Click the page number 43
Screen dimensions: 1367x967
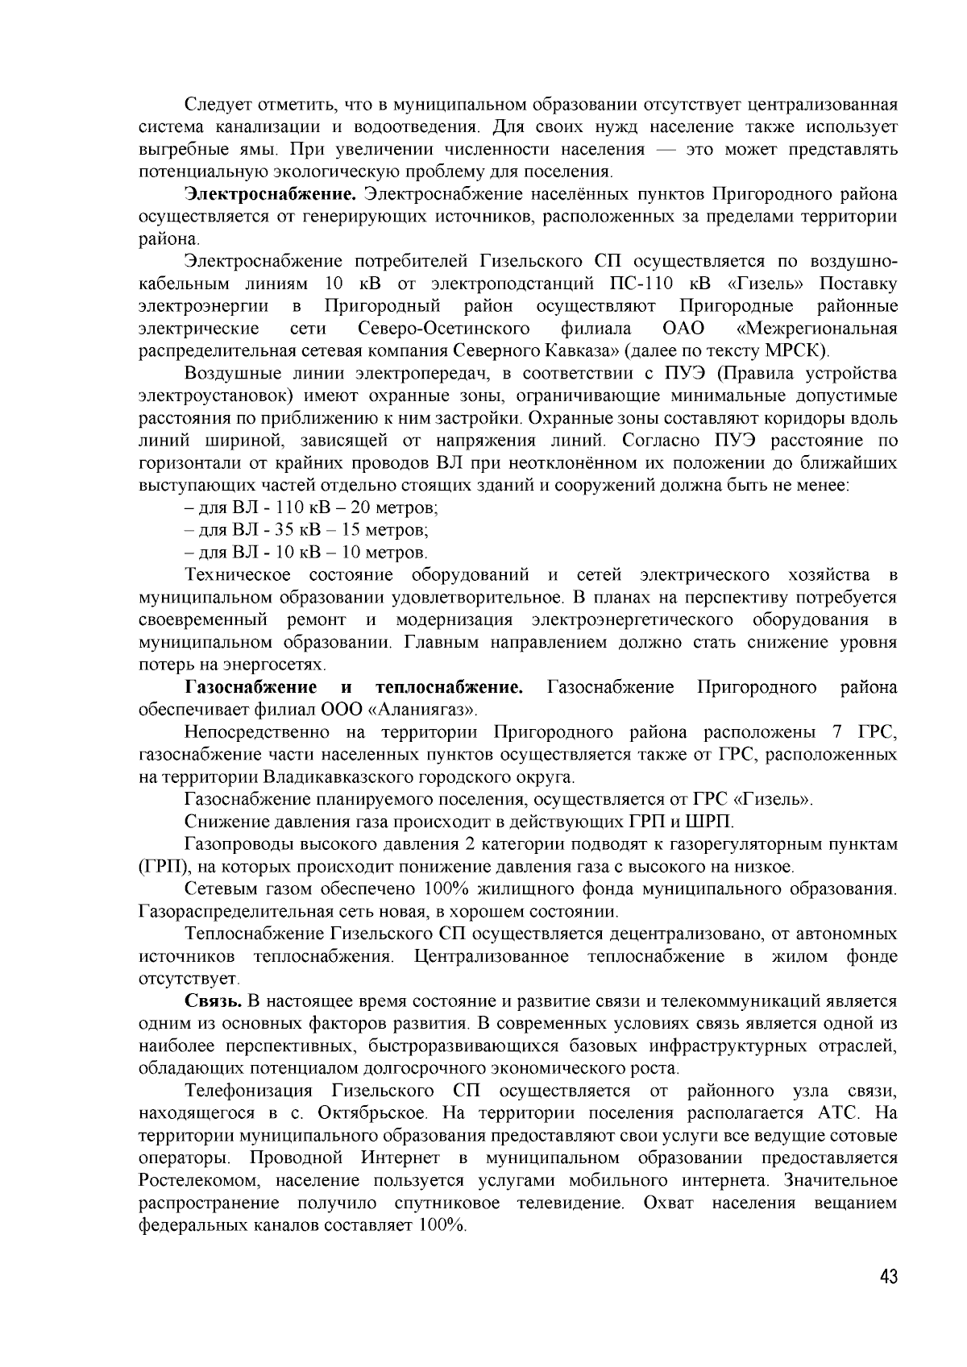click(x=888, y=1278)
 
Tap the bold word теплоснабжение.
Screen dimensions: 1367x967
click(x=450, y=687)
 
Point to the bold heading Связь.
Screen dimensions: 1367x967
click(x=214, y=1001)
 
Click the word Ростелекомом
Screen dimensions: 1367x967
click(x=198, y=1181)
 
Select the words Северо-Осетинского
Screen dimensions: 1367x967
click(x=443, y=329)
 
